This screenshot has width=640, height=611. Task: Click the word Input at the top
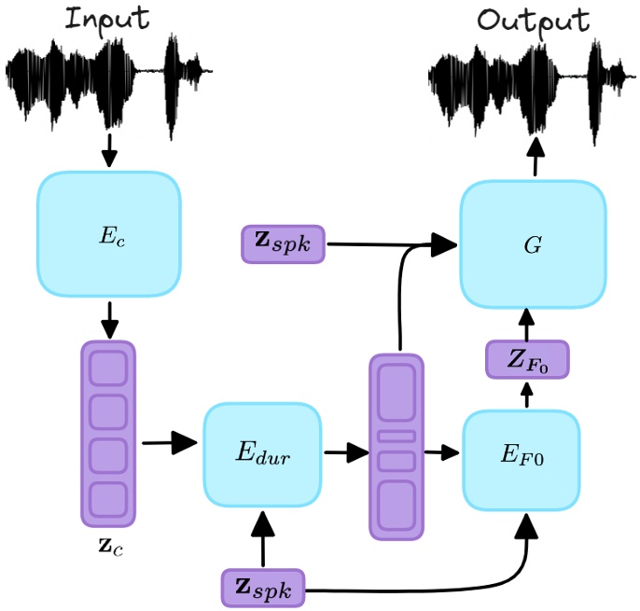click(106, 20)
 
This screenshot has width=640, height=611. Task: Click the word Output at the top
click(533, 21)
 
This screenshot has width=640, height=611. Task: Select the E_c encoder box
click(108, 233)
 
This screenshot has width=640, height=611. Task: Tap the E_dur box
click(262, 456)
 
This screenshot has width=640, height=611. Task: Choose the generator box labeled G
click(533, 245)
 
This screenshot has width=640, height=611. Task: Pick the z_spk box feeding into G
click(283, 243)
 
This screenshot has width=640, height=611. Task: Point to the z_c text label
click(109, 546)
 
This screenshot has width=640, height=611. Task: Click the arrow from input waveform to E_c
click(109, 148)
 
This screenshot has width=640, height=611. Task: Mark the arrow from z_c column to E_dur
click(169, 444)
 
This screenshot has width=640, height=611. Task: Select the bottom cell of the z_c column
click(108, 501)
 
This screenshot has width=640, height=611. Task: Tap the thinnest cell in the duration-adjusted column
click(396, 436)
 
